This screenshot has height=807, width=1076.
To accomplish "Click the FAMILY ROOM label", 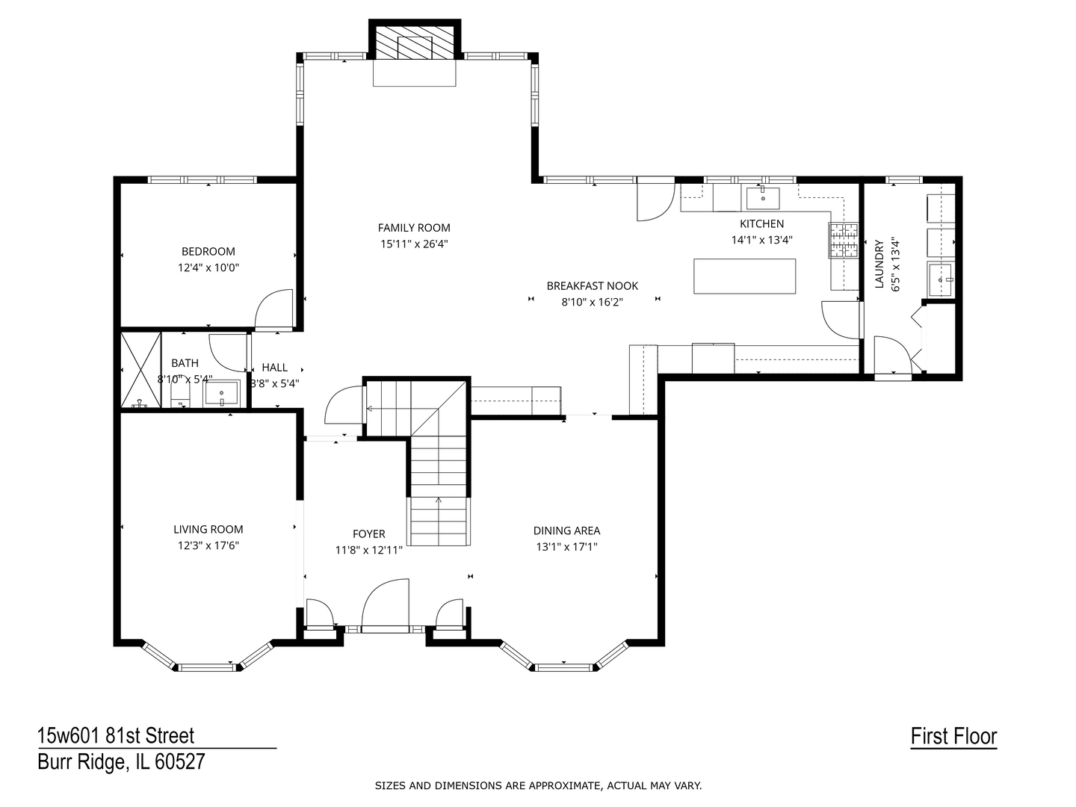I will coord(414,228).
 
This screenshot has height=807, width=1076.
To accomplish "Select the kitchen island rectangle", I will coord(744,276).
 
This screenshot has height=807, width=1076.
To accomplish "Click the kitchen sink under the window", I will coord(762,199).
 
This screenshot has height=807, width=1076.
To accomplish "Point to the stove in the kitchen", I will coord(844,241).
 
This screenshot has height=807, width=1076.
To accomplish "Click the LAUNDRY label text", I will coord(879,264).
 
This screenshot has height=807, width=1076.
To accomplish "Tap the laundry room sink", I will coord(941,279).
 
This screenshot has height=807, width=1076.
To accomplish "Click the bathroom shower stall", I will coord(141,370).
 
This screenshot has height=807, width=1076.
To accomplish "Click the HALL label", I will coord(275,368).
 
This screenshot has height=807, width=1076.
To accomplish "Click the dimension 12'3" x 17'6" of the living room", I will coord(208,545).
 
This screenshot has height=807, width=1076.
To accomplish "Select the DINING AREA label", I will coord(566,531).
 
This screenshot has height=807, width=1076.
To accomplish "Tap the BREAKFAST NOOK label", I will coord(593,285).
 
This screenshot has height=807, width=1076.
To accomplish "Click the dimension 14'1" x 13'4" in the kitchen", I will coord(761,240).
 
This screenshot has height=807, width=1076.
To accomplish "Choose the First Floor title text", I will coord(953,737).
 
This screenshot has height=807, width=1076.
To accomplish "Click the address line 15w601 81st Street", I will coord(116,736).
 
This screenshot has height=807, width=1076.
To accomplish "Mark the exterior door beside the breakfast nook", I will coord(655,200).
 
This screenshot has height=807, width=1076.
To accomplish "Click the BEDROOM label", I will coord(208,252).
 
